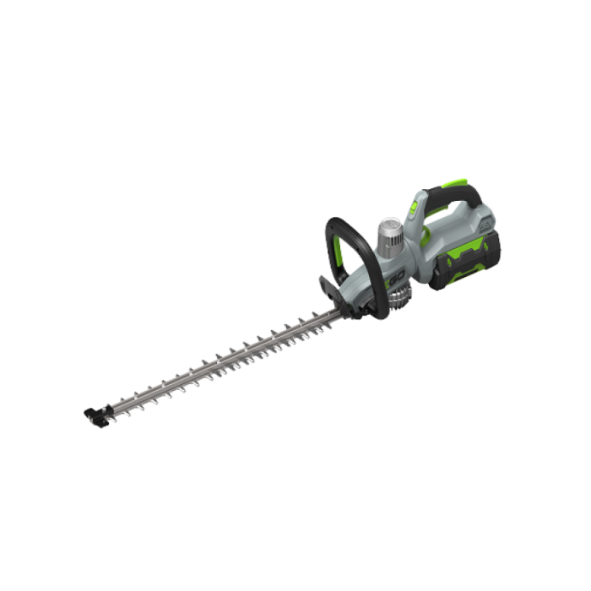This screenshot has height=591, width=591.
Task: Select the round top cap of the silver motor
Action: [x=388, y=223]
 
